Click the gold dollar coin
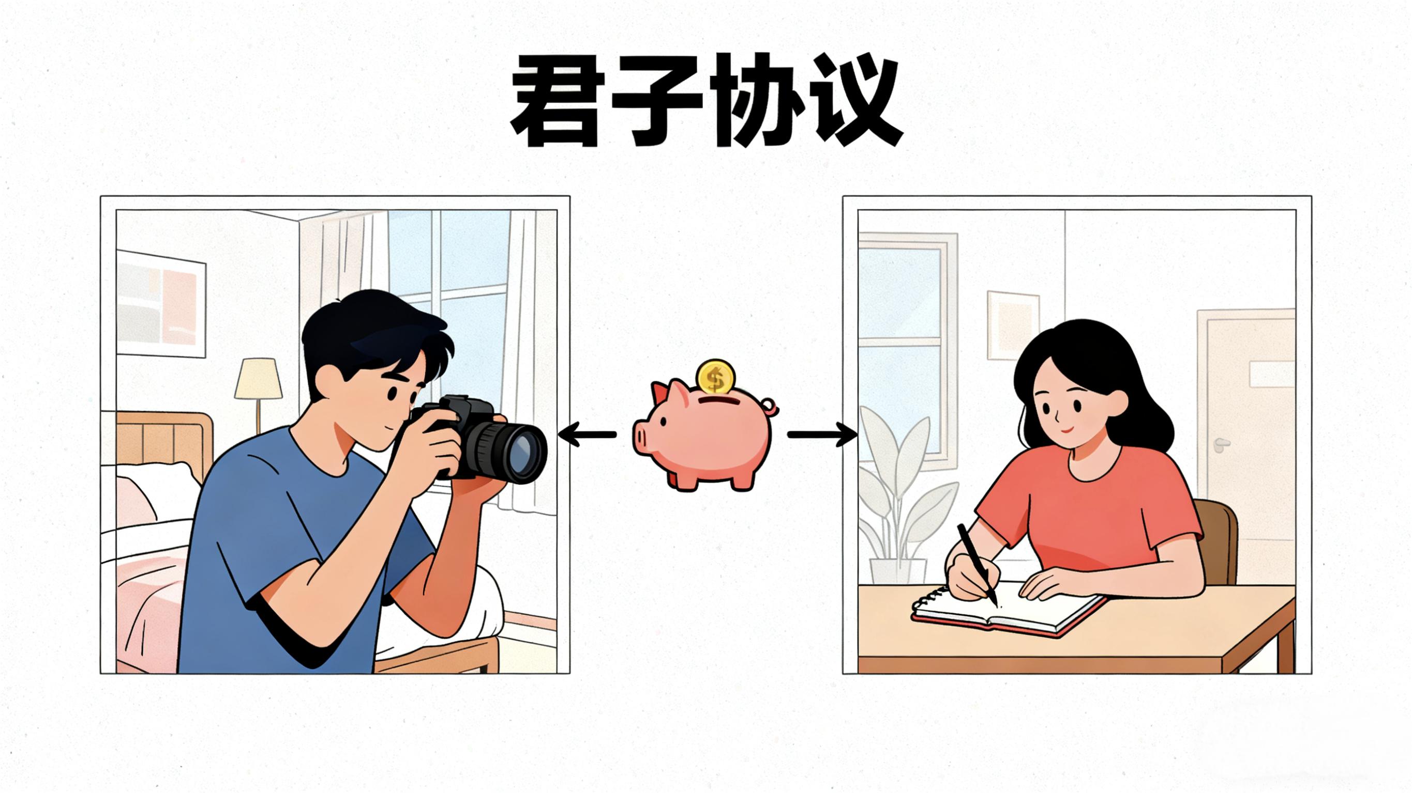715,376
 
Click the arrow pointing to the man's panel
587,435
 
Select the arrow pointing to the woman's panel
822,435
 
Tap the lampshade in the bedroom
258,379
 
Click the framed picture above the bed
161,303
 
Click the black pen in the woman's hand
977,564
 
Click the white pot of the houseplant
898,571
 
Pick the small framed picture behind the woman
1013,325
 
